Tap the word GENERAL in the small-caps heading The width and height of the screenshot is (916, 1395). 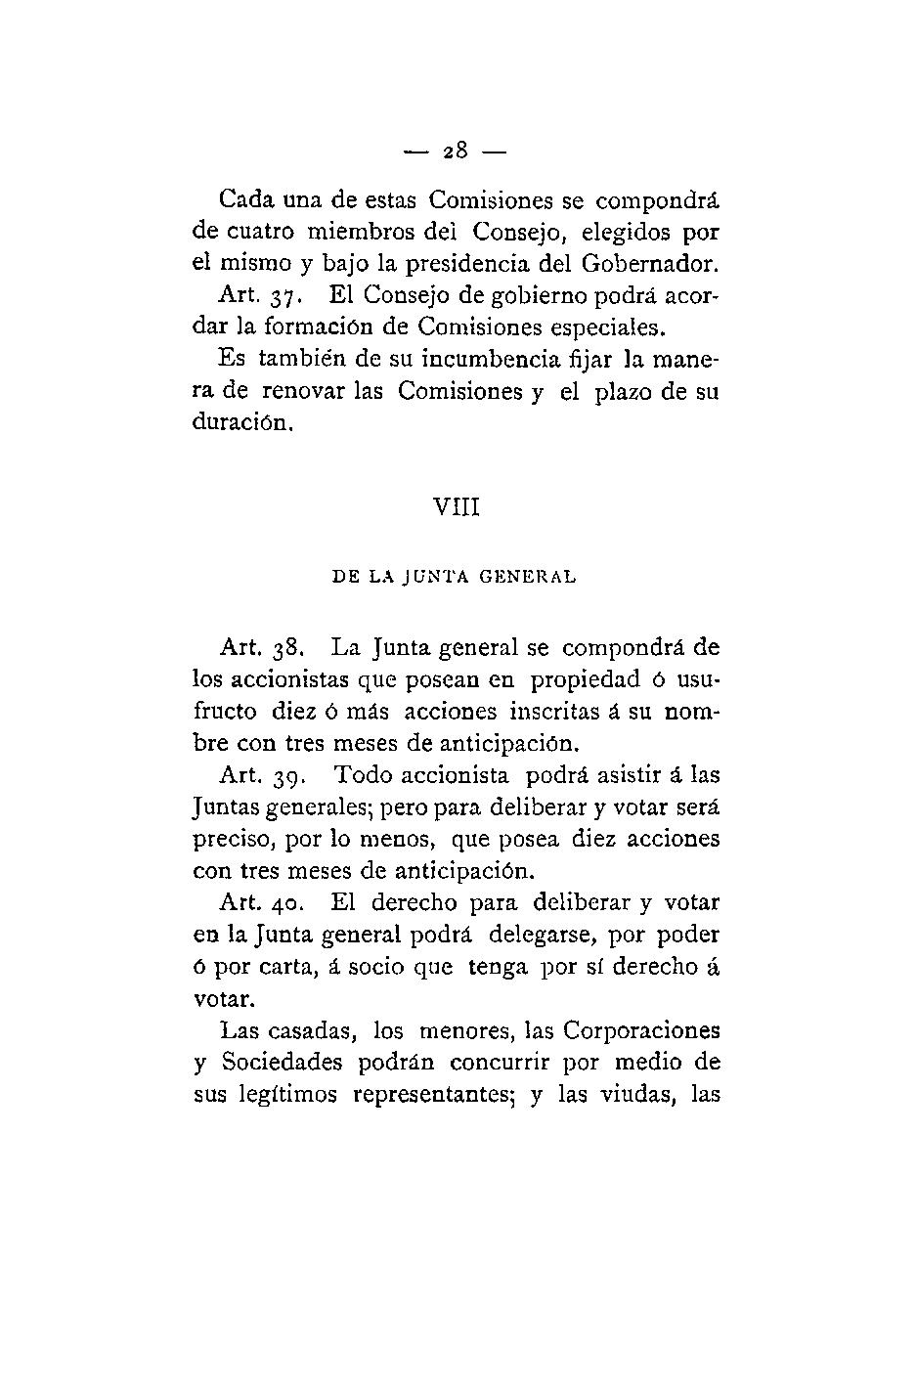(x=528, y=577)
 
